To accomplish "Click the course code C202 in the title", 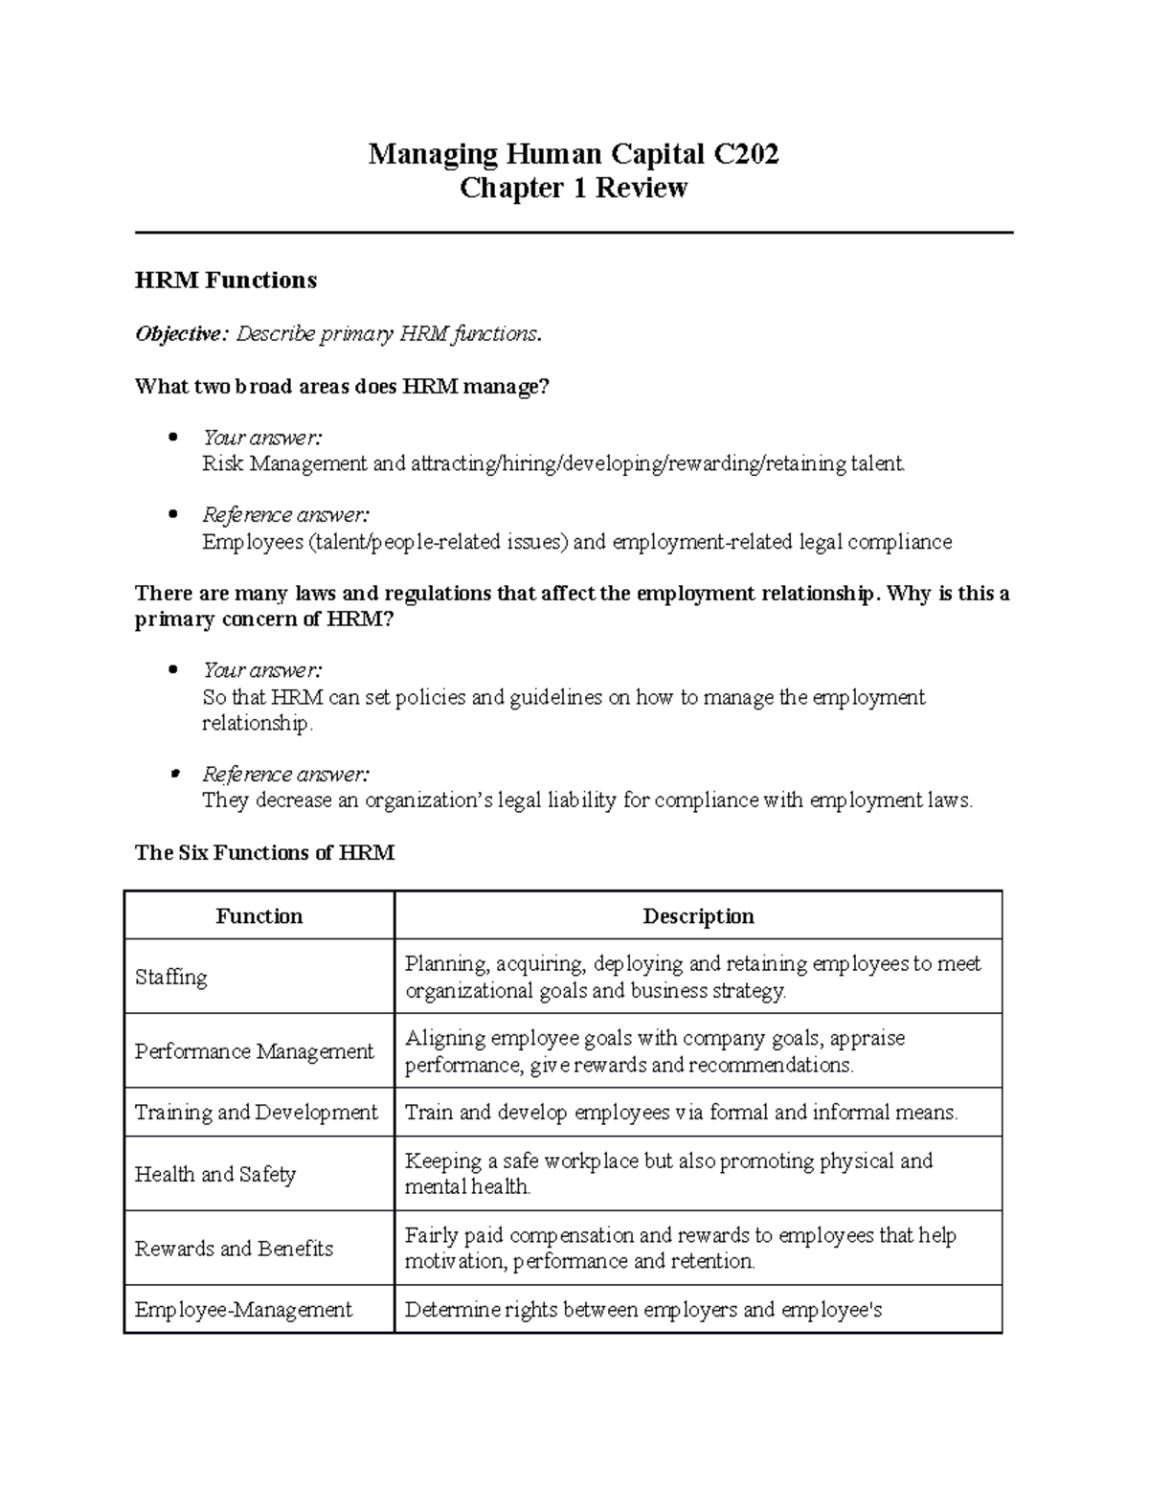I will tap(744, 153).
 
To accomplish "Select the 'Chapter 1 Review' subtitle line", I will tap(574, 188).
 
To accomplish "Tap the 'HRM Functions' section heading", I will tap(226, 281).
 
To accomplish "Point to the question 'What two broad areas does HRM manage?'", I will tap(343, 387).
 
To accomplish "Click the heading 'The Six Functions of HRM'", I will tap(264, 852).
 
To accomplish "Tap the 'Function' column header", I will tap(259, 916).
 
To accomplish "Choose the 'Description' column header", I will tap(698, 916).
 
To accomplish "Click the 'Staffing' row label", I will tap(171, 977).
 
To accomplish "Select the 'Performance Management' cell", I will tap(254, 1051).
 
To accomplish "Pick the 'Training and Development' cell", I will tap(257, 1113).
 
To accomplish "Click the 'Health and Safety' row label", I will tap(215, 1174).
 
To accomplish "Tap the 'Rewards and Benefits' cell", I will tap(234, 1249).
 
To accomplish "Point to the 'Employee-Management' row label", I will tap(243, 1310).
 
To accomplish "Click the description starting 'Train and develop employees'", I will tap(681, 1113).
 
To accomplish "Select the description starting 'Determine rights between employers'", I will tap(642, 1310).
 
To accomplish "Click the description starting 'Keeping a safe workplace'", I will tap(668, 1174).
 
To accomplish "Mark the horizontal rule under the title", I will tap(574, 232).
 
